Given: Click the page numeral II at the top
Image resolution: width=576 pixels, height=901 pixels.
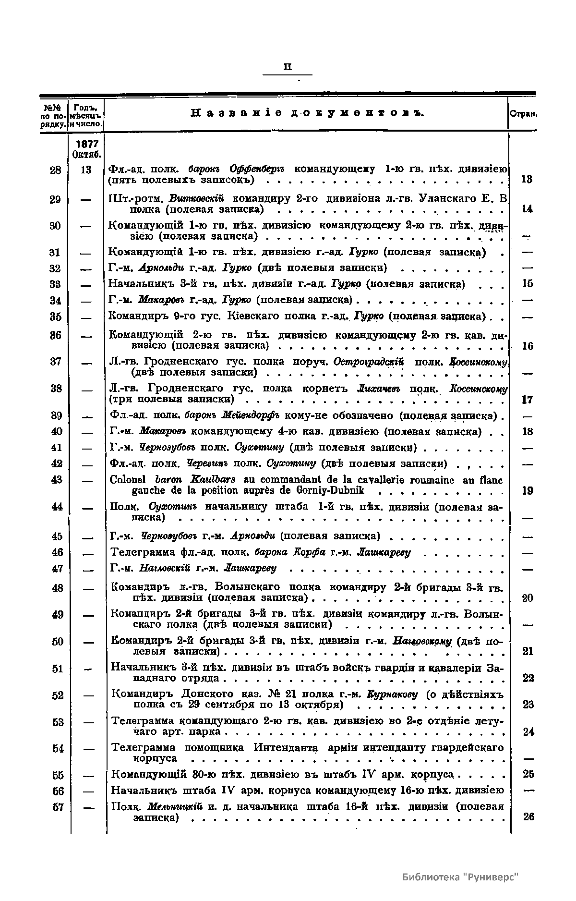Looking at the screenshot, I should coord(288,67).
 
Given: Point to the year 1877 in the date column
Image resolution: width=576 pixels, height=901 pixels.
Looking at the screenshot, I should coord(87,144).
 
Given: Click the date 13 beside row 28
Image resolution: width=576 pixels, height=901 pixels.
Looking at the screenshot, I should coord(86,169).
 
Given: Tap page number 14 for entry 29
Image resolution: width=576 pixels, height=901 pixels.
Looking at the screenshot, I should coord(527,209).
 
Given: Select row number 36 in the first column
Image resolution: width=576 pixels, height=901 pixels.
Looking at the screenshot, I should coord(56,335).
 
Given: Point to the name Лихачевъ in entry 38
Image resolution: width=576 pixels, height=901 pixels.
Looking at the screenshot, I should coord(375,388).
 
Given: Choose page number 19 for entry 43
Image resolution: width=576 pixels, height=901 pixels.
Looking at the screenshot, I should coord(527,490).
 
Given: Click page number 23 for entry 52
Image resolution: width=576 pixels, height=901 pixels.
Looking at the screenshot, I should coord(528,705).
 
